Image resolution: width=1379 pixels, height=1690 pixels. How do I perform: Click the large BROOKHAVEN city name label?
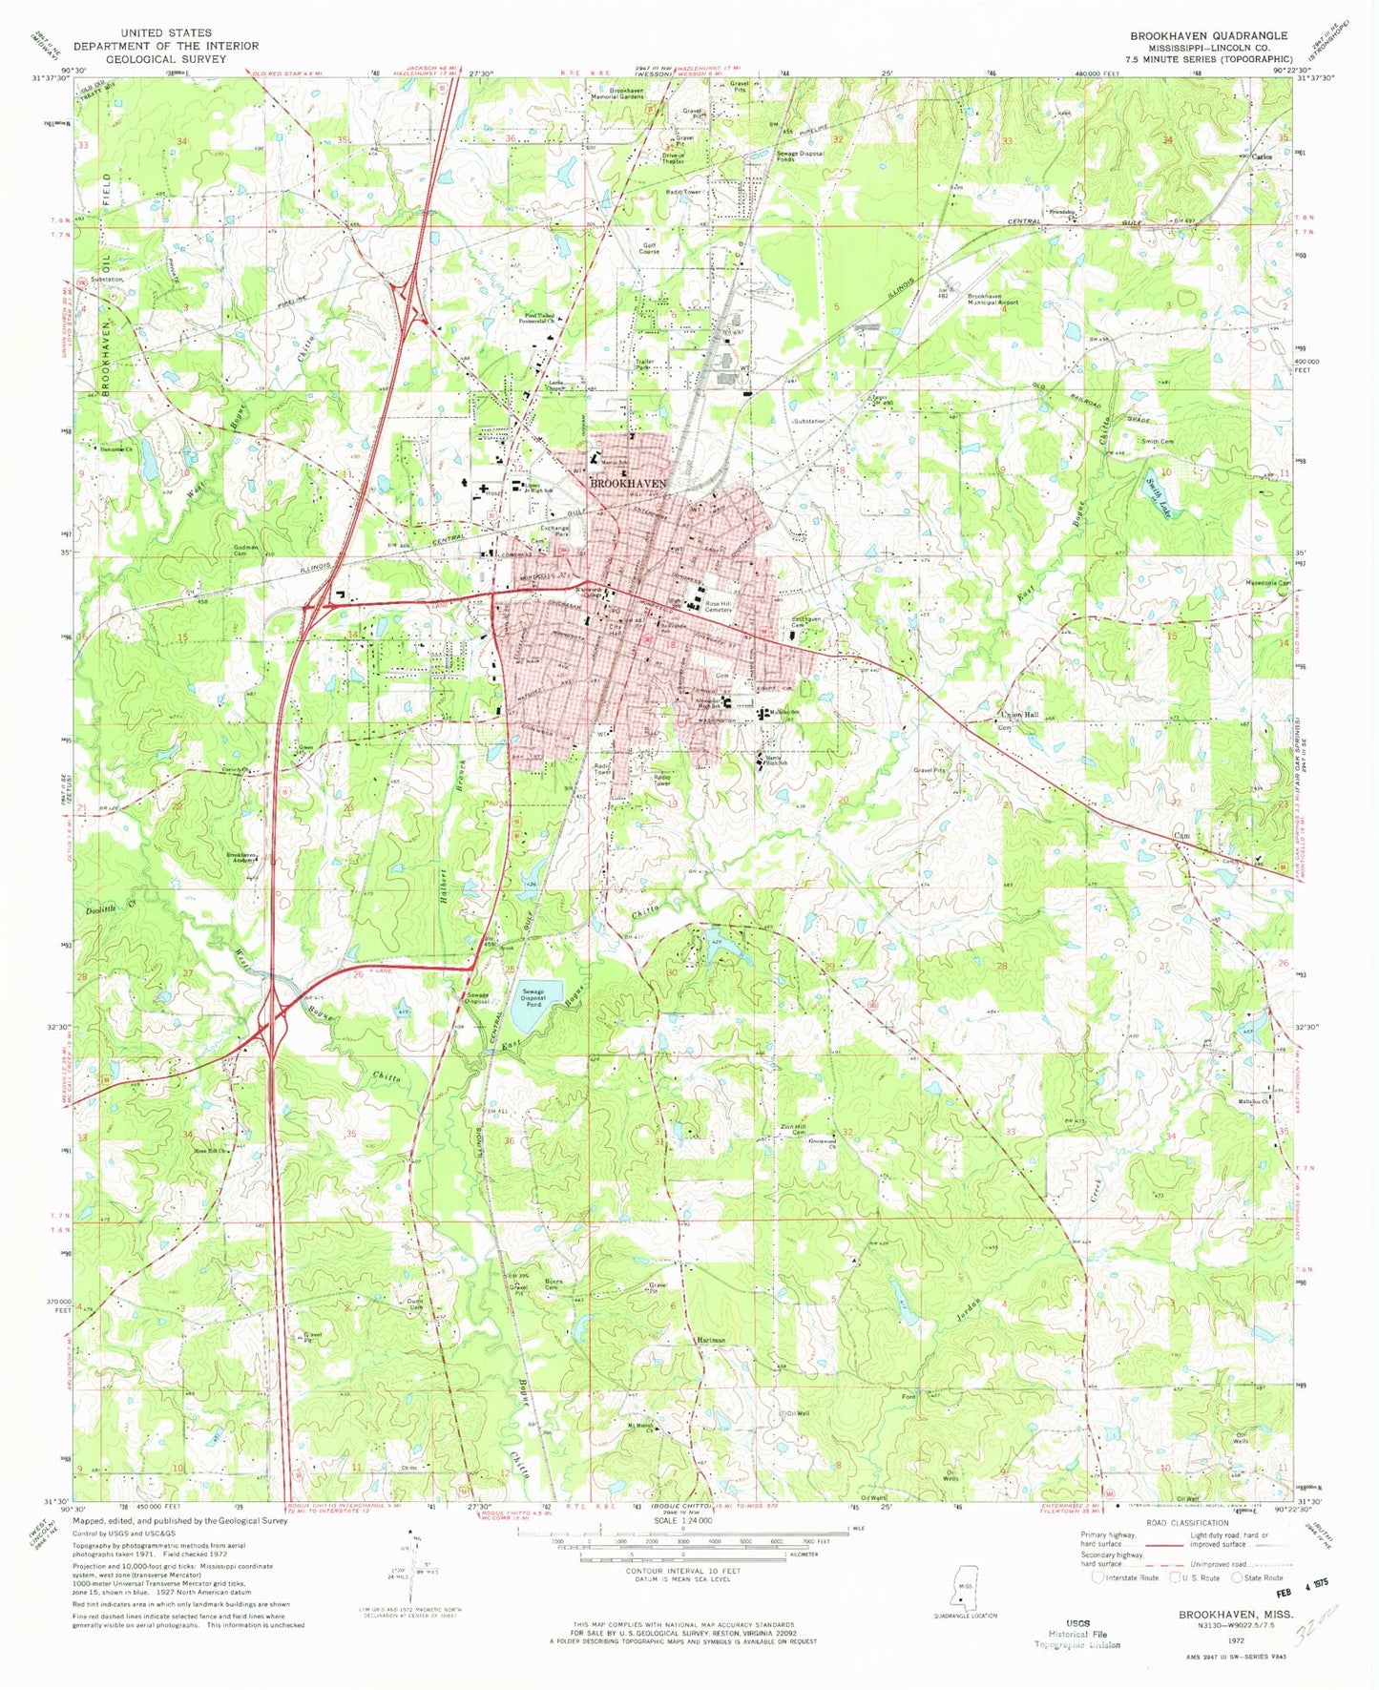(628, 484)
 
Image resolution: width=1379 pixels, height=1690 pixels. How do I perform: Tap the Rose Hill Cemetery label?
(724, 606)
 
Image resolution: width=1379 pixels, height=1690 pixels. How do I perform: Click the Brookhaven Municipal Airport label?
(992, 299)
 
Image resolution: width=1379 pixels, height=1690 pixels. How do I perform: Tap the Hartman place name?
(711, 1340)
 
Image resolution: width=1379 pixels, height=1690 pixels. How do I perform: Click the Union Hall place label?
(1017, 715)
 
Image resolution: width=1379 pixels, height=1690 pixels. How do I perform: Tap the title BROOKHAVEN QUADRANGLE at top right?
(1208, 35)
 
